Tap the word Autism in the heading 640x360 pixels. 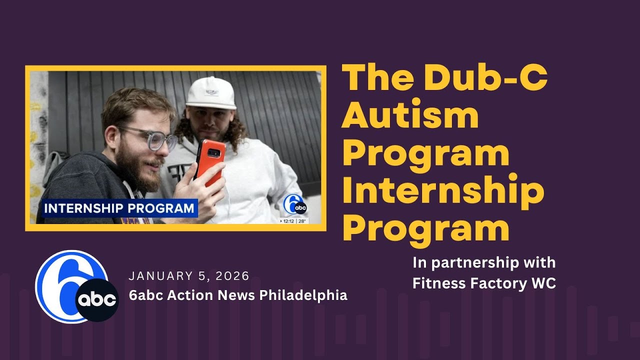pyautogui.click(x=410, y=115)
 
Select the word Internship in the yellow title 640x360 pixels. pyautogui.click(x=442, y=192)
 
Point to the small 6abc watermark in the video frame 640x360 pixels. pyautogui.click(x=294, y=205)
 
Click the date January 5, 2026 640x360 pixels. pyautogui.click(x=189, y=276)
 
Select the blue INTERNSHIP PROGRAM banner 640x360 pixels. pyautogui.click(x=118, y=208)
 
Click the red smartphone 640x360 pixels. pyautogui.click(x=209, y=160)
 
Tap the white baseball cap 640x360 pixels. pyautogui.click(x=211, y=93)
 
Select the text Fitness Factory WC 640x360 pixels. pyautogui.click(x=483, y=283)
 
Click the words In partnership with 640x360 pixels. pyautogui.click(x=483, y=262)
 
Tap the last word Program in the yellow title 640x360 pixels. pyautogui.click(x=425, y=229)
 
